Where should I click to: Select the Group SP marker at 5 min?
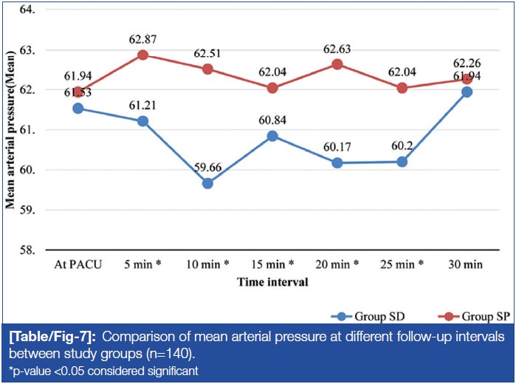pos(142,55)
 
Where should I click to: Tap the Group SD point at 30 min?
pos(467,92)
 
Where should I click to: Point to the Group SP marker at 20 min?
pos(337,64)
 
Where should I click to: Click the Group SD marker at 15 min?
pos(272,136)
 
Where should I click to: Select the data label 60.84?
pos(272,120)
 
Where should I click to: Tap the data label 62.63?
pos(337,49)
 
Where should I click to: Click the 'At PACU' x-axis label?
pos(78,264)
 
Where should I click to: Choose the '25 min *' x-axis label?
pos(402,264)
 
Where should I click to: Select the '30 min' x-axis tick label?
pos(467,264)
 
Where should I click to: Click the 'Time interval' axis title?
pos(272,281)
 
